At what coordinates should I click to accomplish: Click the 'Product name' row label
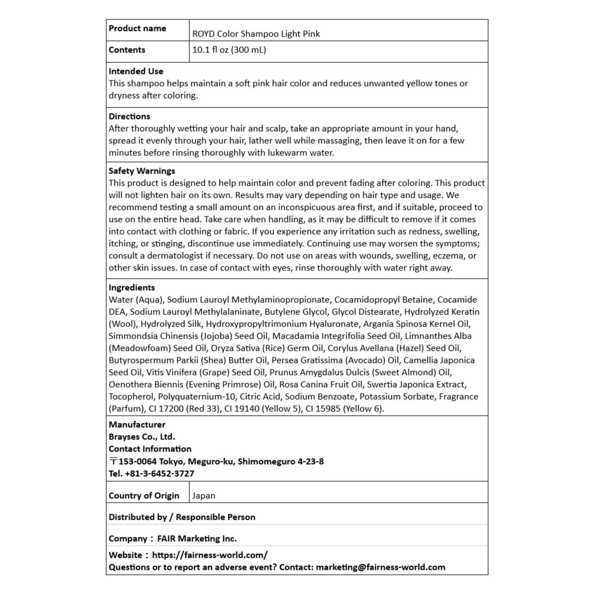point(137,28)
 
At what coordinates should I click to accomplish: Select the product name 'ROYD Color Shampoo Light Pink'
point(256,34)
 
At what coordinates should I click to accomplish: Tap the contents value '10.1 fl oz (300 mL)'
point(229,50)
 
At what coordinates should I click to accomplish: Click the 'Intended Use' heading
point(136,71)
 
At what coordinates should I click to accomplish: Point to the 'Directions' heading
point(129,117)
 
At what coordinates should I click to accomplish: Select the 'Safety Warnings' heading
point(142,171)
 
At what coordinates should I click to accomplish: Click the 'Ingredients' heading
point(132,288)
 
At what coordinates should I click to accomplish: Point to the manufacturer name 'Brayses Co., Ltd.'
point(142,437)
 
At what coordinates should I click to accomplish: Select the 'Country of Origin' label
point(144,496)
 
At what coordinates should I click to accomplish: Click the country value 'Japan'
point(203,496)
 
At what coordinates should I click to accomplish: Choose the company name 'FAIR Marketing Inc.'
point(197,539)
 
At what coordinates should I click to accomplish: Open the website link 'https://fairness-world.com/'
point(210,555)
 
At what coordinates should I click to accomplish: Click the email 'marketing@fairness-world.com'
point(380,567)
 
